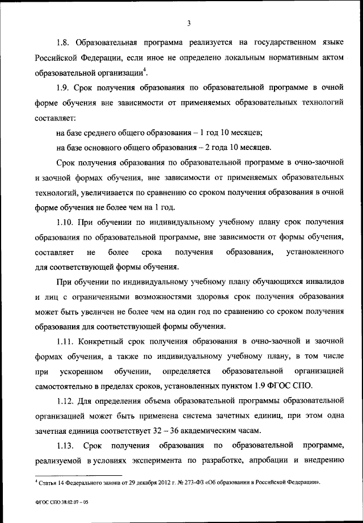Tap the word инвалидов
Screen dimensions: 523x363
pos(321,281)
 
